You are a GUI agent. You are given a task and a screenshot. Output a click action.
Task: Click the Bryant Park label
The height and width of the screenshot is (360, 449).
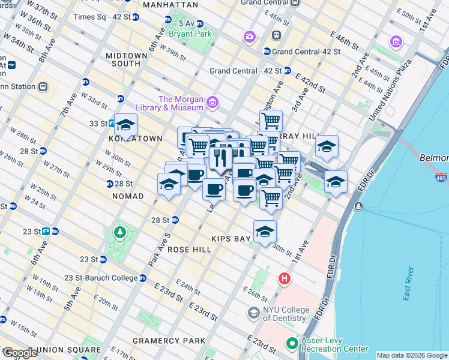pyautogui.click(x=190, y=34)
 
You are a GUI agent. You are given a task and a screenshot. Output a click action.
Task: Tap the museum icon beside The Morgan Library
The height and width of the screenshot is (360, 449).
pyautogui.click(x=211, y=103)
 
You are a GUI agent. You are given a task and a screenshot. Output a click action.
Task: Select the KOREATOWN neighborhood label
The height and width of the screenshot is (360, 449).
pyautogui.click(x=136, y=139)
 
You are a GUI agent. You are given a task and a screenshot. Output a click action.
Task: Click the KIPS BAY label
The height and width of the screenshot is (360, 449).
pyautogui.click(x=234, y=239)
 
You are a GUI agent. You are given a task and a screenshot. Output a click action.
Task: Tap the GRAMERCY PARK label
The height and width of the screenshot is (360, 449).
pyautogui.click(x=178, y=341)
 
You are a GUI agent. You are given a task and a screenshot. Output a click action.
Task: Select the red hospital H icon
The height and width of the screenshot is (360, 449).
pyautogui.click(x=285, y=279)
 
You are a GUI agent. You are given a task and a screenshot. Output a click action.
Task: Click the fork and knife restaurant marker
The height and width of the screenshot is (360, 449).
pyautogui.click(x=220, y=157)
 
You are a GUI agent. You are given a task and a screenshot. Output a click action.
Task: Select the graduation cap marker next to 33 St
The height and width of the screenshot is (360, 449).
pyautogui.click(x=125, y=125)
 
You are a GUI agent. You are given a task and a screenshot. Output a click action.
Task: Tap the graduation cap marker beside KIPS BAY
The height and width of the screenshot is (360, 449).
pyautogui.click(x=265, y=232)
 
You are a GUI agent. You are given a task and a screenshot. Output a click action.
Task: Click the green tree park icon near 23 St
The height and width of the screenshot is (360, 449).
pyautogui.click(x=119, y=232)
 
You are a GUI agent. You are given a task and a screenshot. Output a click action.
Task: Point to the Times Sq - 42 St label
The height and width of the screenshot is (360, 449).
pyautogui.click(x=101, y=17)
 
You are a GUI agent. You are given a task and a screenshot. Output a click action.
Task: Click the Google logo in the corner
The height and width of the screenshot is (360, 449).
pyautogui.click(x=19, y=353)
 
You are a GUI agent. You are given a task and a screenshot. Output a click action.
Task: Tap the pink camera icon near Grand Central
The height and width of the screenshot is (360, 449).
pyautogui.click(x=249, y=37)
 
